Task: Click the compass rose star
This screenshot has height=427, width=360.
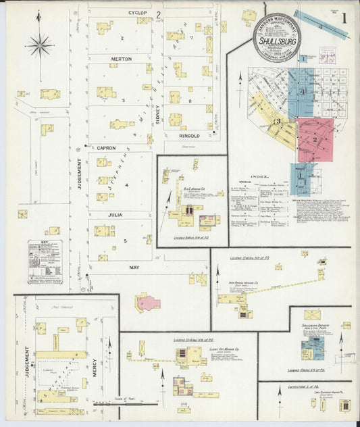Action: (x=39, y=46)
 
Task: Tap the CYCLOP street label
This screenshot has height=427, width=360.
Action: (x=137, y=13)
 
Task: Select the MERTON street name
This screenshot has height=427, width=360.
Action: (x=121, y=59)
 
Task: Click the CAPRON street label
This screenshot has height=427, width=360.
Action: (x=106, y=147)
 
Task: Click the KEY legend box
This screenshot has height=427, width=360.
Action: (x=45, y=261)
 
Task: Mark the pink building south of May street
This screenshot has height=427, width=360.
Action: (x=148, y=302)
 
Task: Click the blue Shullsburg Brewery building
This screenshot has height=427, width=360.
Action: (x=311, y=349)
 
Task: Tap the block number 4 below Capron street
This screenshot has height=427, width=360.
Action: (x=125, y=184)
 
